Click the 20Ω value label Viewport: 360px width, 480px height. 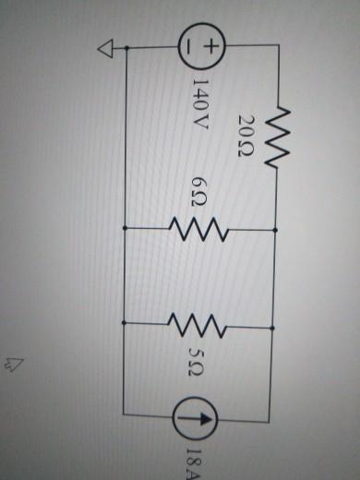tap(245, 137)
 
